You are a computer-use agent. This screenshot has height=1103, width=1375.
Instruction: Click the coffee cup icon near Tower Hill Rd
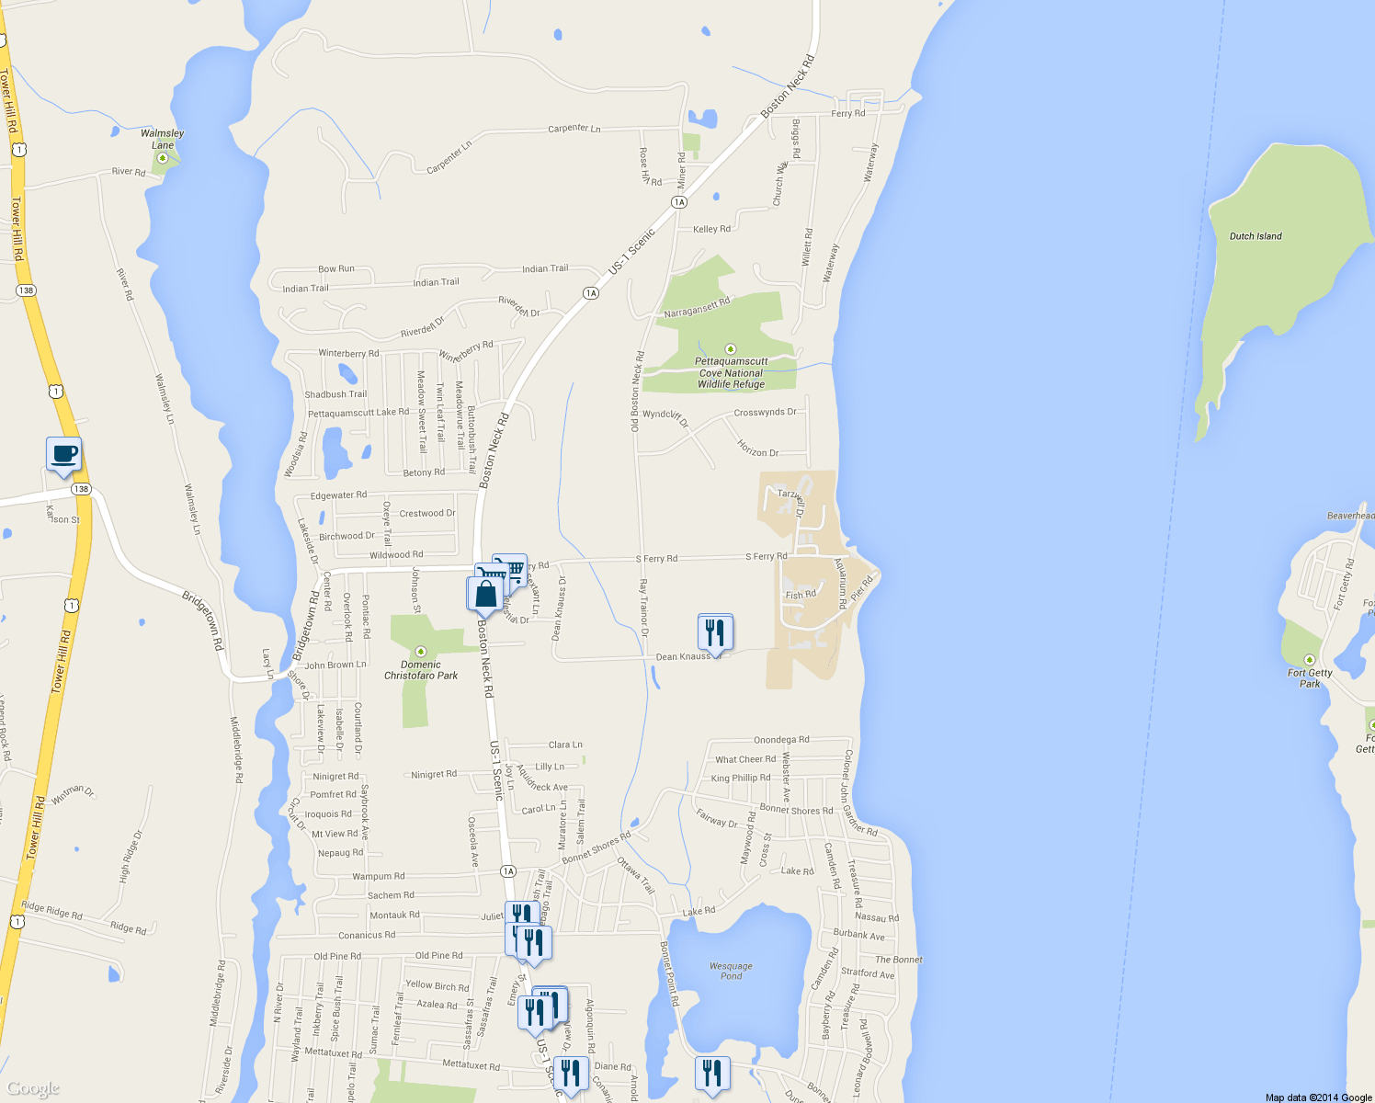(63, 454)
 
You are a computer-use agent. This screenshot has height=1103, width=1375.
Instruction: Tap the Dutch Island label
(1256, 236)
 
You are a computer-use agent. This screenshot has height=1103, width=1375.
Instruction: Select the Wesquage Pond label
(731, 971)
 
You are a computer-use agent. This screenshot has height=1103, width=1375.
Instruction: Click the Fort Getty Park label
(1310, 678)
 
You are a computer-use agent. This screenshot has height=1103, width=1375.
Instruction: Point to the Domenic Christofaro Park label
(421, 670)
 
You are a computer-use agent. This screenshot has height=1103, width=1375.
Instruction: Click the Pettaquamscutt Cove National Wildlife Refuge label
(731, 373)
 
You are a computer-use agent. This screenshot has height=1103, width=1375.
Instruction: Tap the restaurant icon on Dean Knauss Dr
(715, 632)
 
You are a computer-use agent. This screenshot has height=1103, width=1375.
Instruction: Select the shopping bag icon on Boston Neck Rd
(485, 594)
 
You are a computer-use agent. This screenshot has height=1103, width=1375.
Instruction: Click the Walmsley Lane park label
(162, 139)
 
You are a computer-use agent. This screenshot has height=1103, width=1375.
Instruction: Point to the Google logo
(33, 1088)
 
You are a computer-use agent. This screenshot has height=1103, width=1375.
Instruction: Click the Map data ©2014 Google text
(1318, 1097)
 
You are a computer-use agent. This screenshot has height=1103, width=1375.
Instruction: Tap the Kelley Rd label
(711, 229)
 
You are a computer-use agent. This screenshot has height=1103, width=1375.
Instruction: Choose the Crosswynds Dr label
(765, 412)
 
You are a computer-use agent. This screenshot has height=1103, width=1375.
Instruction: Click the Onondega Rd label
(781, 740)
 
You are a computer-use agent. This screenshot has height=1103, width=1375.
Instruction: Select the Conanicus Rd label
(367, 936)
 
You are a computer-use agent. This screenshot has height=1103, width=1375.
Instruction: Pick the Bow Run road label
(335, 269)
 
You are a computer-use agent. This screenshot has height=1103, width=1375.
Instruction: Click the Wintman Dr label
(73, 794)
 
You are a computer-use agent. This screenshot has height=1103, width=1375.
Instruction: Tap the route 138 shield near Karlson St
(82, 489)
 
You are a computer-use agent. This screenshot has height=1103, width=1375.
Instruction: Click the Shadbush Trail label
(335, 394)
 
